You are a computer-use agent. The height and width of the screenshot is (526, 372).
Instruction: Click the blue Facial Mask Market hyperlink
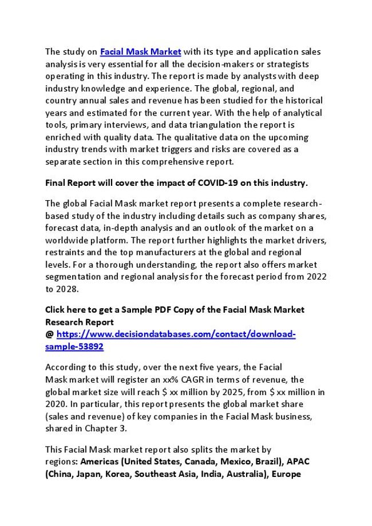[x=140, y=51]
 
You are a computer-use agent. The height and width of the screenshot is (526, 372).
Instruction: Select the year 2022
[x=314, y=277]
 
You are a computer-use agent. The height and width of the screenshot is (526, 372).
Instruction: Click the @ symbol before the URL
[x=49, y=334]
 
